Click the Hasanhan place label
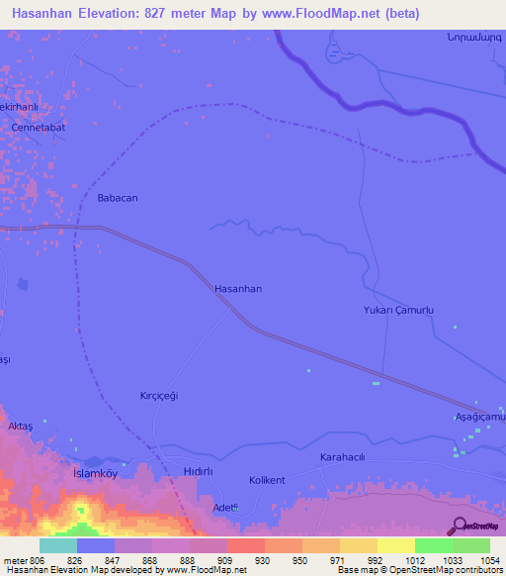pyautogui.click(x=238, y=289)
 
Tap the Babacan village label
pyautogui.click(x=118, y=198)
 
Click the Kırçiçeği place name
pyautogui.click(x=158, y=395)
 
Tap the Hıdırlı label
pyautogui.click(x=198, y=472)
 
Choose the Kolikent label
pyautogui.click(x=267, y=480)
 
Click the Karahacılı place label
pyautogui.click(x=343, y=457)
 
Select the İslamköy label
pyautogui.click(x=96, y=473)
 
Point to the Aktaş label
pyautogui.click(x=21, y=426)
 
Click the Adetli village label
pyautogui.click(x=226, y=508)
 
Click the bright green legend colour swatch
pyautogui.click(x=433, y=545)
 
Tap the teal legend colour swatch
pyautogui.click(x=58, y=545)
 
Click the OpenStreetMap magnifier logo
pyautogui.click(x=457, y=526)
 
